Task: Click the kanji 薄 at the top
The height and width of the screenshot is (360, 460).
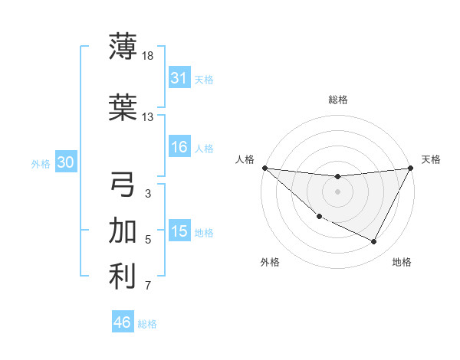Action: tap(123, 46)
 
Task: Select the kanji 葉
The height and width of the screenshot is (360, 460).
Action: tap(123, 107)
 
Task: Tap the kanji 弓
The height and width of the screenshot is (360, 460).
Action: tap(123, 185)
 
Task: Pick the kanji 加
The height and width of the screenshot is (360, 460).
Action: tap(123, 231)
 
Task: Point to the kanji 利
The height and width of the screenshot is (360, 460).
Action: tap(123, 277)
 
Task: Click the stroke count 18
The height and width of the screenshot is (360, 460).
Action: tap(148, 55)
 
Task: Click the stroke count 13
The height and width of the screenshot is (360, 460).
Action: tap(148, 117)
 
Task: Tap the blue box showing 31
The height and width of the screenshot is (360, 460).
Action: tap(179, 77)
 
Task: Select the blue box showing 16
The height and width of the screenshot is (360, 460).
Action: tap(179, 147)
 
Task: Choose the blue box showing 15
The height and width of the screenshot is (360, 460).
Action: tap(179, 231)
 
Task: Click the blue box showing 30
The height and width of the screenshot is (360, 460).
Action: tap(65, 162)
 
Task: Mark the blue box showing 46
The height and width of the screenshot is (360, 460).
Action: tap(123, 322)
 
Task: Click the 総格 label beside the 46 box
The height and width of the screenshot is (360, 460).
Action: tap(147, 324)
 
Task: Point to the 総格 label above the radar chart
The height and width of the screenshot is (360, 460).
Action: tap(337, 100)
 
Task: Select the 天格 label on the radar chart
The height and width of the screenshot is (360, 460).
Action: tap(431, 159)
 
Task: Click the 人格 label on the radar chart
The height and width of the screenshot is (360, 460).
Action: tap(245, 159)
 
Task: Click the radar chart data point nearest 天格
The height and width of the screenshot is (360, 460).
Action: tap(411, 168)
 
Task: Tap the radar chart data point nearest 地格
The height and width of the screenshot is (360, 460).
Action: tap(374, 242)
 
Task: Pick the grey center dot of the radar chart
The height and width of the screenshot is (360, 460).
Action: tap(337, 191)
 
